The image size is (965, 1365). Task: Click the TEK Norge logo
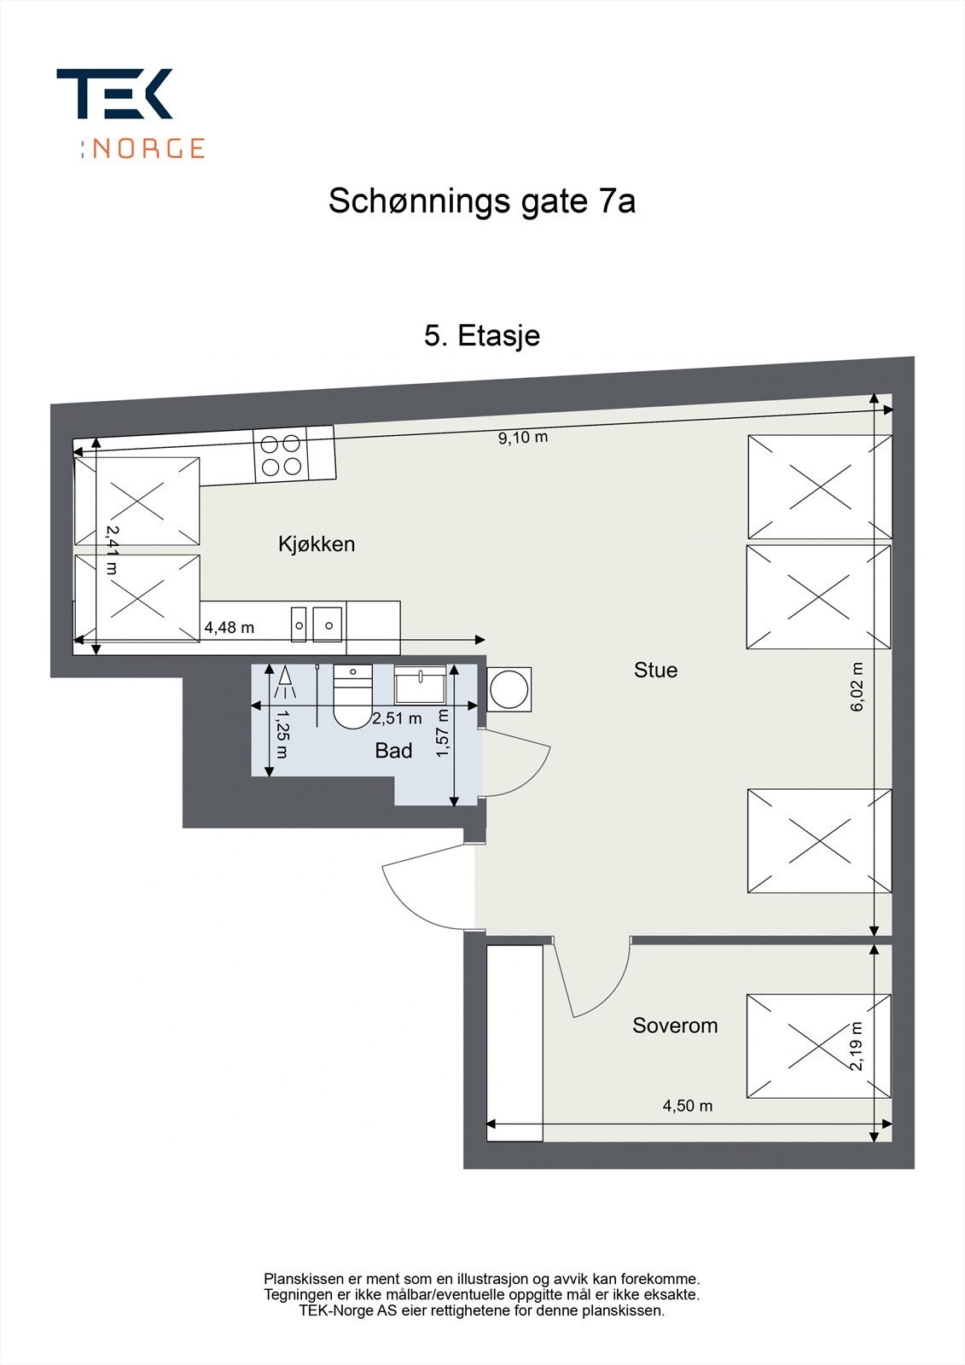click(x=130, y=113)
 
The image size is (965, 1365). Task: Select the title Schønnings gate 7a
click(x=482, y=202)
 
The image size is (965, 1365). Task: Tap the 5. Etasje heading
click(x=482, y=335)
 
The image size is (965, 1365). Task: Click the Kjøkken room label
click(x=317, y=544)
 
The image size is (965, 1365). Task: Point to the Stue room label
click(x=655, y=671)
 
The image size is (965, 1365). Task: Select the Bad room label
click(x=393, y=751)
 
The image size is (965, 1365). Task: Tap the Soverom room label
click(x=675, y=1025)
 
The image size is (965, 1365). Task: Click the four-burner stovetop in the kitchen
click(x=282, y=455)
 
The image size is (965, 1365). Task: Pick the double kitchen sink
click(x=317, y=624)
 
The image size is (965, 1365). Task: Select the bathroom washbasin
click(x=420, y=684)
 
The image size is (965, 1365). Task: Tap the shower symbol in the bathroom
click(x=283, y=682)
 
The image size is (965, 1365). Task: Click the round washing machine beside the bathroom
click(x=509, y=688)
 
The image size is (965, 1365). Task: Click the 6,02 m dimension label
click(x=857, y=687)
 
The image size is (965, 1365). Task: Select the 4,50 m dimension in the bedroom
click(x=688, y=1107)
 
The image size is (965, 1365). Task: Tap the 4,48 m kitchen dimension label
click(x=229, y=628)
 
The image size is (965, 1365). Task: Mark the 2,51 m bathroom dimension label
click(x=397, y=719)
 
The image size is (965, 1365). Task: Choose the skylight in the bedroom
click(x=818, y=1047)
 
